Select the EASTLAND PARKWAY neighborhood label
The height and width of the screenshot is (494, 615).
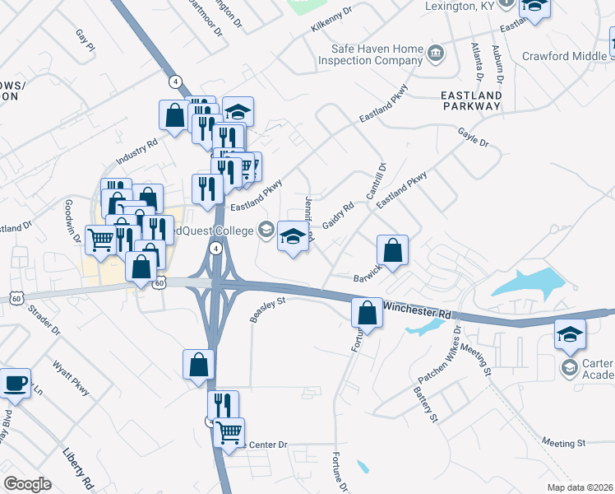tap(472, 100)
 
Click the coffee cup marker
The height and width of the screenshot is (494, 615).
tap(15, 382)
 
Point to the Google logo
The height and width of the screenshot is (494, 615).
tap(27, 484)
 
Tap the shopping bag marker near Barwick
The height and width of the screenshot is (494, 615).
tap(393, 249)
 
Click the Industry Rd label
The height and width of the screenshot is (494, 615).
tap(136, 150)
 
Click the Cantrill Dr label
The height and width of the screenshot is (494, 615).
tap(381, 182)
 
